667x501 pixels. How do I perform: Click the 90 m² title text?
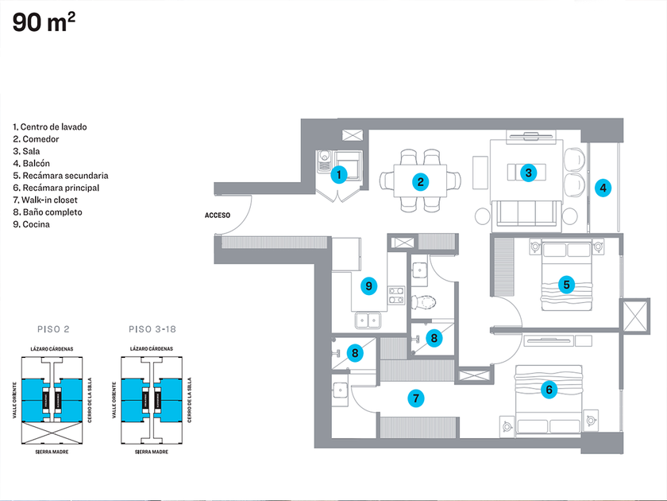point(44,23)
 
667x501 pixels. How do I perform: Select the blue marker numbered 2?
point(420,181)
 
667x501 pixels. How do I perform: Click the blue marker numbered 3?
point(527,172)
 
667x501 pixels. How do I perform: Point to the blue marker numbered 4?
point(603,188)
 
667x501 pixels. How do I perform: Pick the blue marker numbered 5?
point(566,284)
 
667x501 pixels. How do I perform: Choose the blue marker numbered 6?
point(547,390)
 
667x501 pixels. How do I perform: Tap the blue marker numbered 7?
point(414,398)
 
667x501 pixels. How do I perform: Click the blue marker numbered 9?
point(368,285)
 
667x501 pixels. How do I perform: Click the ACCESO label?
point(218,216)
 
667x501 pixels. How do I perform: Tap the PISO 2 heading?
point(56,328)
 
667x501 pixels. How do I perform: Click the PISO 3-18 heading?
point(150,328)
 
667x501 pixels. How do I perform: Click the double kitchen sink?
point(368,321)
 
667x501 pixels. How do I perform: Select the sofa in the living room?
point(526,212)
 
